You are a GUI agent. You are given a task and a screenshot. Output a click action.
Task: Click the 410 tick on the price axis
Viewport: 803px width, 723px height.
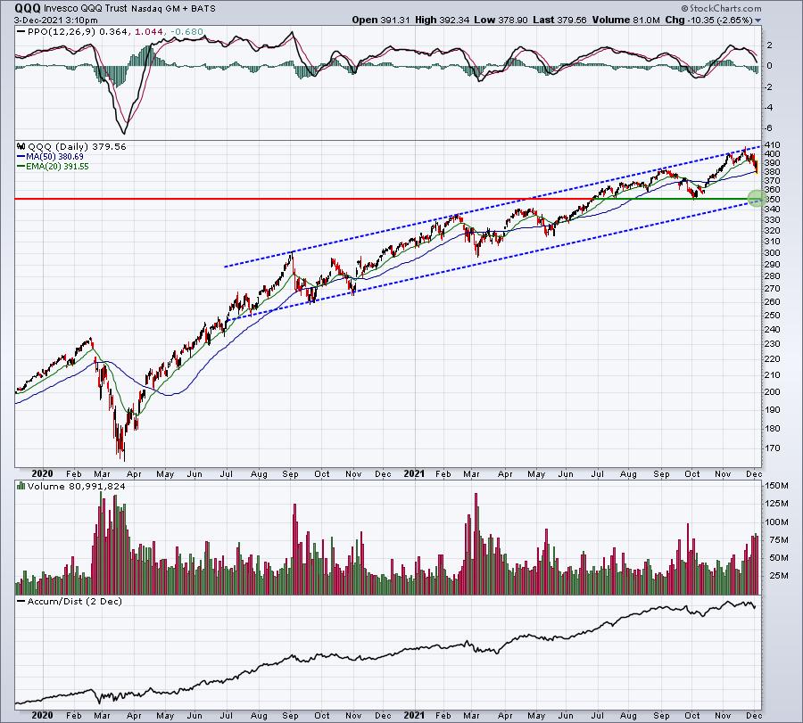[x=773, y=144]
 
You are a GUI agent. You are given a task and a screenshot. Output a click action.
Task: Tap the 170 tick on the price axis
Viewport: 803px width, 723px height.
[x=773, y=448]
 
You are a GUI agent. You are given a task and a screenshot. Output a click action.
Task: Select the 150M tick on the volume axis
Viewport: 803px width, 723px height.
[x=774, y=487]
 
